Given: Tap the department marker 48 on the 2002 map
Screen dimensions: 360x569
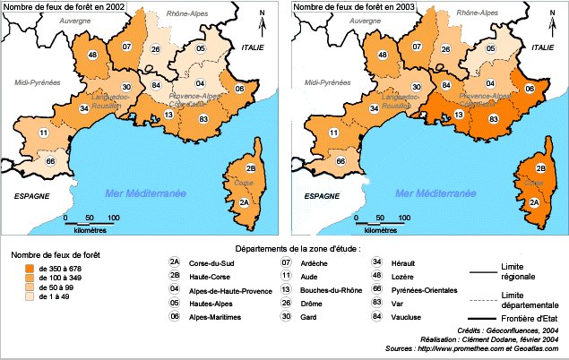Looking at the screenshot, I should point(93,56).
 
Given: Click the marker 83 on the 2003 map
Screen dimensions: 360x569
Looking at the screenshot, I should point(494,118).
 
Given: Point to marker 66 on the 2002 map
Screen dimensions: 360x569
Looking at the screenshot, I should point(51,161).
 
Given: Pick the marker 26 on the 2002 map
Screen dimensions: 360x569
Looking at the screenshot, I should point(155,49).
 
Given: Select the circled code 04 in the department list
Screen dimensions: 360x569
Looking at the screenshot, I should point(174,289).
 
